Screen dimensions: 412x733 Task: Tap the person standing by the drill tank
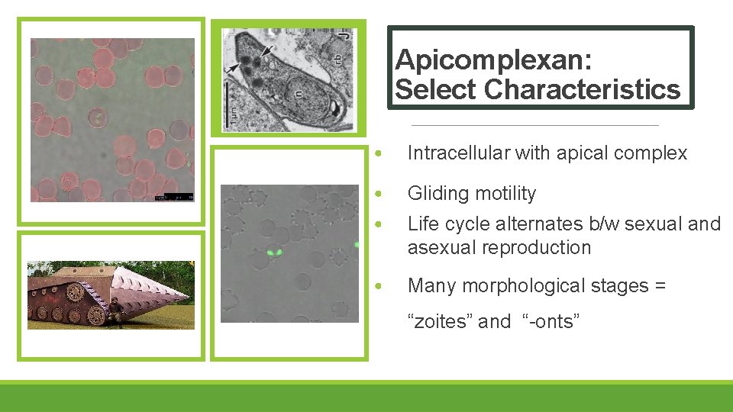coord(115,311)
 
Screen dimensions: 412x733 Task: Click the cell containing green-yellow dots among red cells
coord(97,117)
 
